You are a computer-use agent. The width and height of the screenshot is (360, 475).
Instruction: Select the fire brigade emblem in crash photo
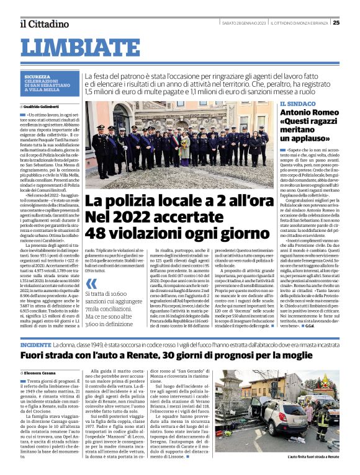pos(324,383)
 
